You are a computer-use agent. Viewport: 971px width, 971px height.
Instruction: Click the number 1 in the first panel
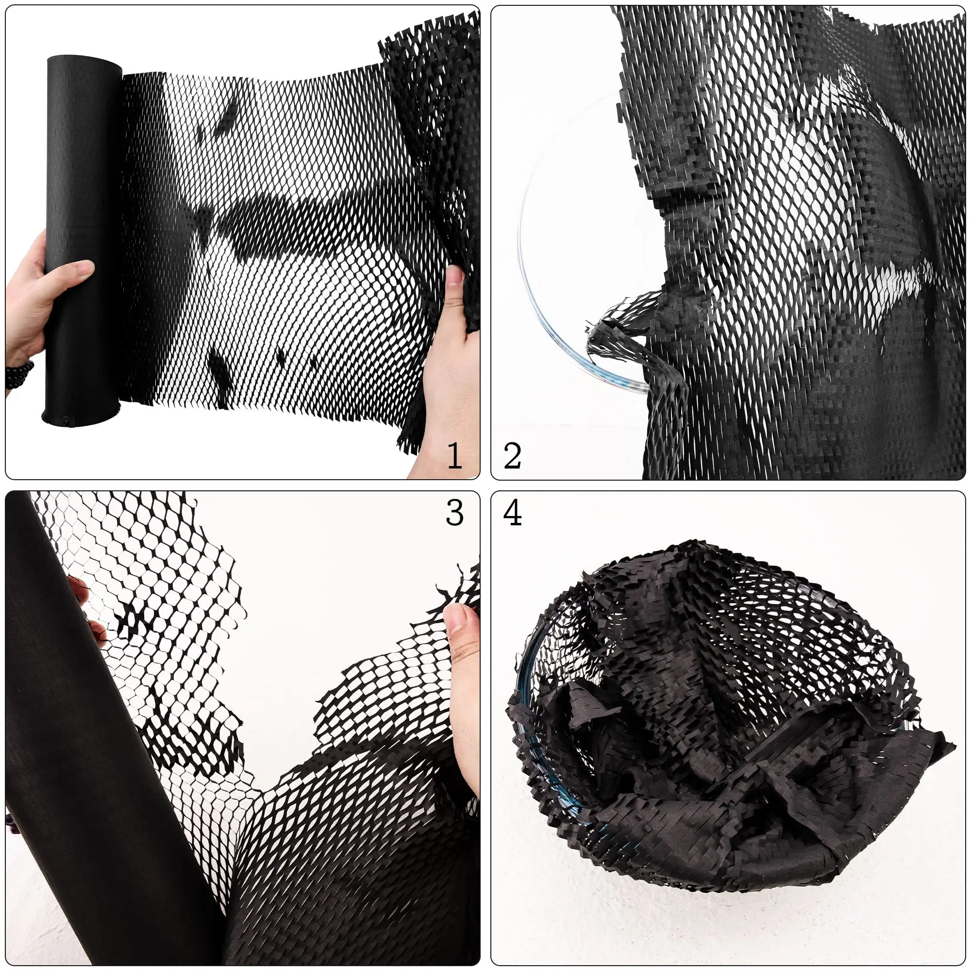tap(455, 455)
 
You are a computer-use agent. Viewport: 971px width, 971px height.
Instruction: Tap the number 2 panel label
tap(512, 455)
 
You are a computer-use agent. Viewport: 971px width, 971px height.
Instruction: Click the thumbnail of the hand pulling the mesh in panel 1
tap(455, 276)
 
